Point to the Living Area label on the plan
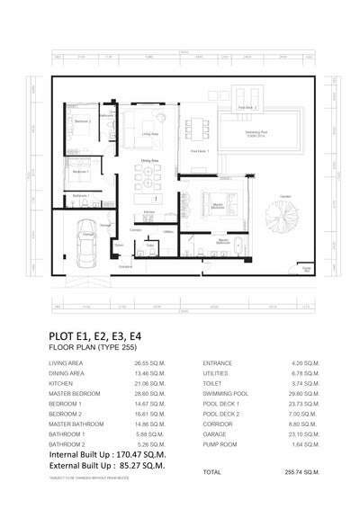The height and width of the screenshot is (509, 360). click(x=150, y=132)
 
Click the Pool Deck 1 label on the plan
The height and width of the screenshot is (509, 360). click(x=200, y=151)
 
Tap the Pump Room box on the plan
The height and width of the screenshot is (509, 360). click(x=307, y=269)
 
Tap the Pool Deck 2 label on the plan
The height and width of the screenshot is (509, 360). click(x=247, y=107)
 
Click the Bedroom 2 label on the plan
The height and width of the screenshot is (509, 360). click(x=82, y=121)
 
